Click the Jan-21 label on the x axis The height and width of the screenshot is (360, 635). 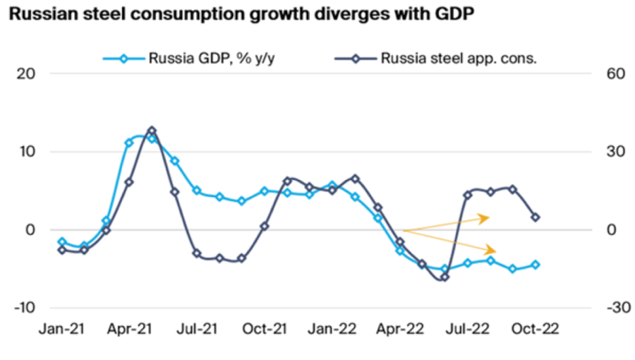click(x=61, y=330)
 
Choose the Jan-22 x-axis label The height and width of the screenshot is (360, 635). click(x=332, y=330)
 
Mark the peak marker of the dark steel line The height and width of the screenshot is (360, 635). click(x=152, y=131)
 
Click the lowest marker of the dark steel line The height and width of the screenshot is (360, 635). click(x=445, y=277)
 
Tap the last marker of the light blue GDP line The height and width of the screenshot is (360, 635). click(x=536, y=265)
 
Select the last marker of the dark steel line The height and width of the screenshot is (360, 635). click(x=536, y=217)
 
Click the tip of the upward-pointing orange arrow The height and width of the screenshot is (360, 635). click(x=489, y=217)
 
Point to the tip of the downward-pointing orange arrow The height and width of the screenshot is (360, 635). click(x=497, y=251)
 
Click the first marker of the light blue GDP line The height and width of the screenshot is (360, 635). click(x=62, y=241)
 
